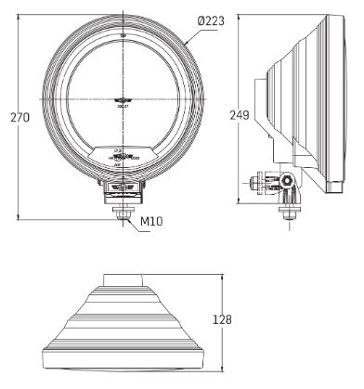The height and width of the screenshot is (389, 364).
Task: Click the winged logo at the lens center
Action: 123,101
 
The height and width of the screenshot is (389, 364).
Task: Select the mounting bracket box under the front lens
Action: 123,188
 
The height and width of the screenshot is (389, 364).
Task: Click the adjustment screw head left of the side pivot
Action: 259,182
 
